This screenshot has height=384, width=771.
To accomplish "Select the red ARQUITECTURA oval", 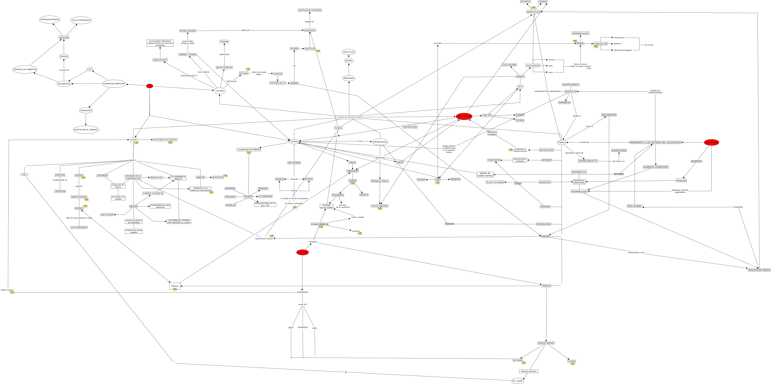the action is (464, 116).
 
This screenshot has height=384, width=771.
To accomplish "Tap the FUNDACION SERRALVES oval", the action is (114, 84).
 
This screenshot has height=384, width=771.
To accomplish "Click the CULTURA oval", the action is (220, 91).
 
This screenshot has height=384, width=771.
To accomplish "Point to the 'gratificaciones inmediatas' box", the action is (310, 10).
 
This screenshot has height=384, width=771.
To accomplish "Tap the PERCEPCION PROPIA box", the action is (759, 270).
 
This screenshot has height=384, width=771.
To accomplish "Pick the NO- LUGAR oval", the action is (517, 381).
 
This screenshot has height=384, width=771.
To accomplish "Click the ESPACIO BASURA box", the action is (546, 343).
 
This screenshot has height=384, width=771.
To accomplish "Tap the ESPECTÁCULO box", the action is (533, 12).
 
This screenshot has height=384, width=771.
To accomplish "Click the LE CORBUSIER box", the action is (265, 196).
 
